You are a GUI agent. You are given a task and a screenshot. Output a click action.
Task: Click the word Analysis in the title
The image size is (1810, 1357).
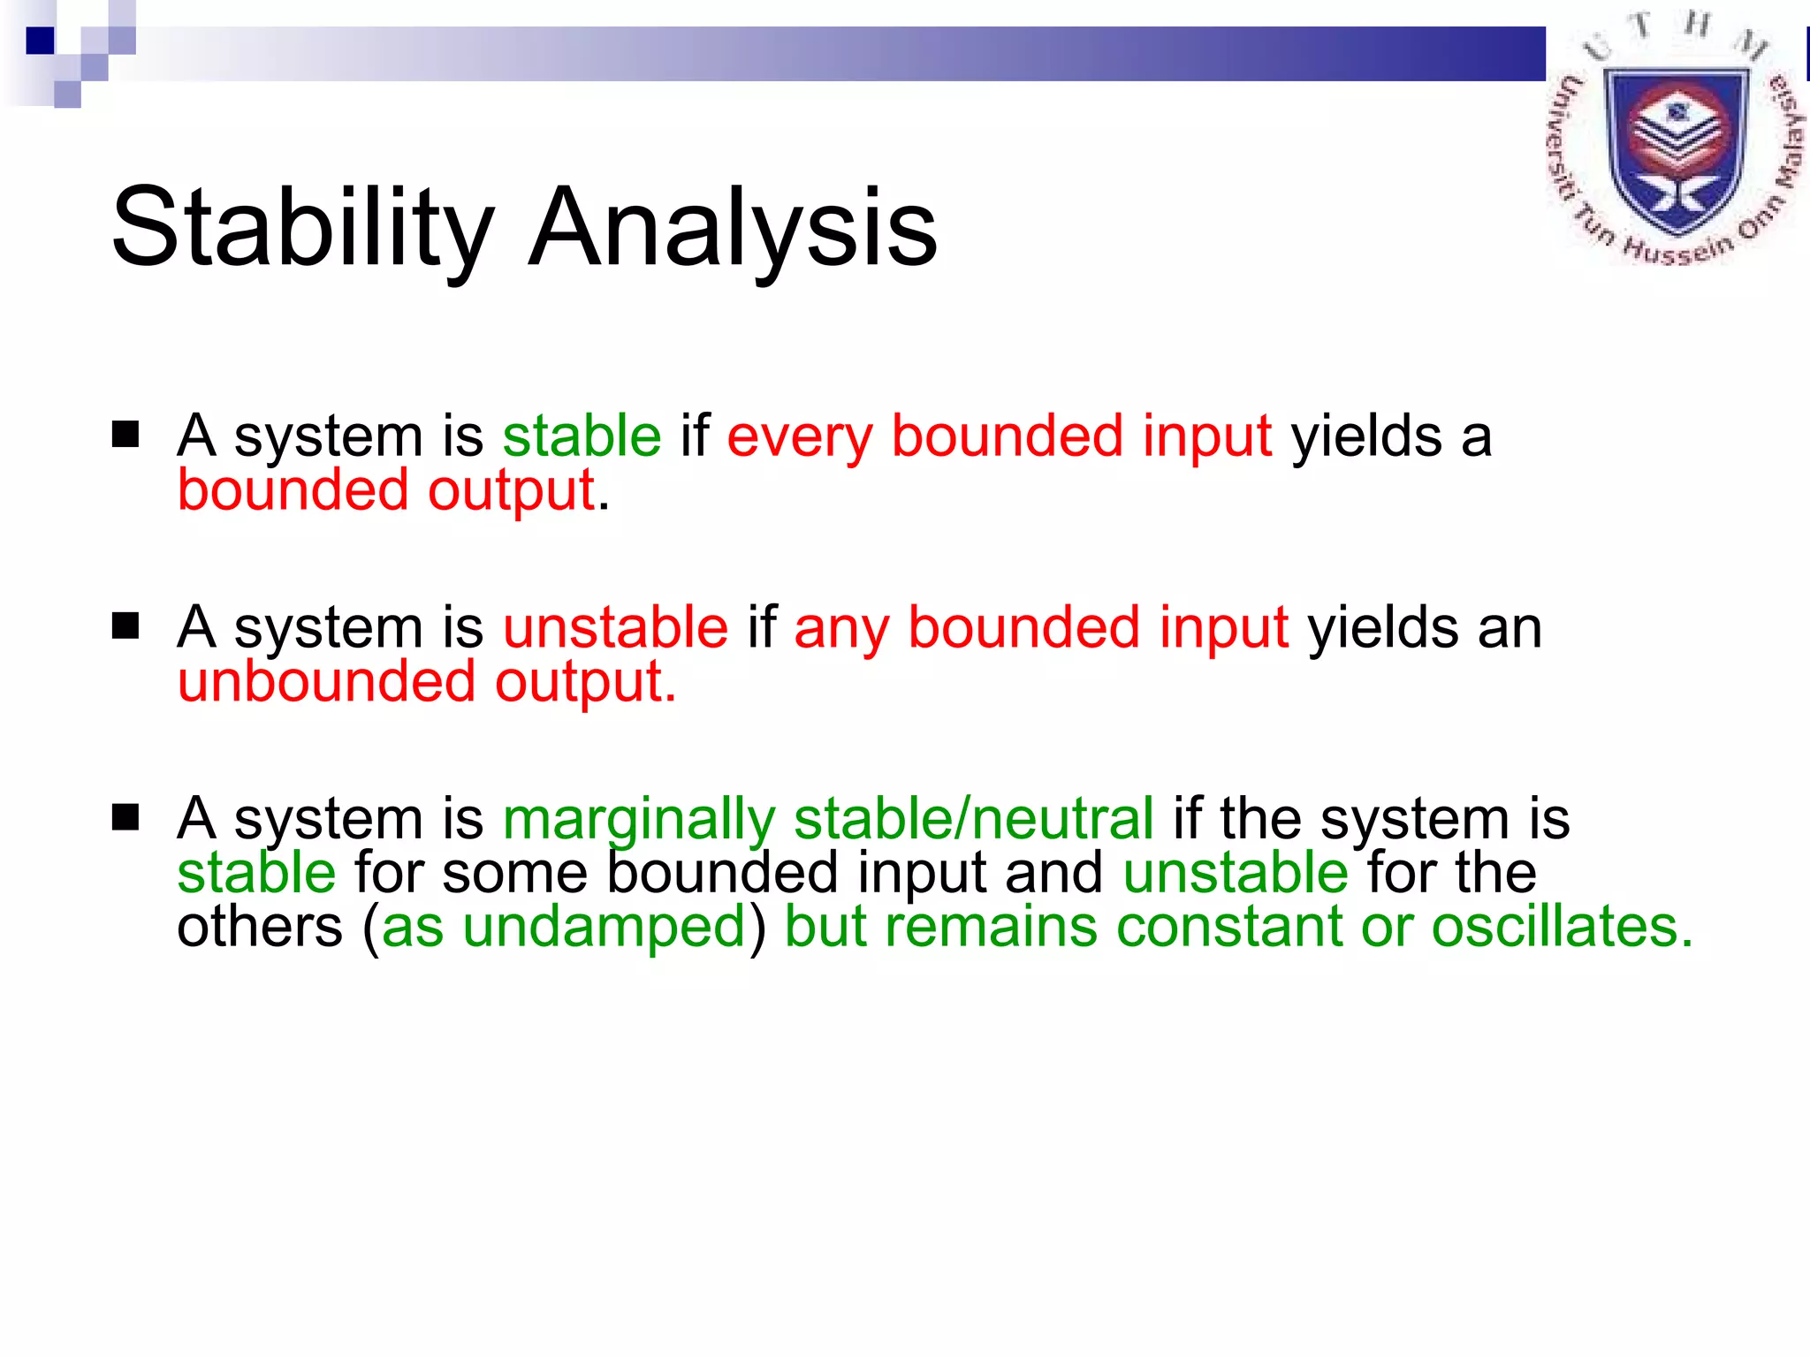pyautogui.click(x=733, y=228)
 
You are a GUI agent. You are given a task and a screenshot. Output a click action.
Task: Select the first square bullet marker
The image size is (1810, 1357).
pyautogui.click(x=125, y=435)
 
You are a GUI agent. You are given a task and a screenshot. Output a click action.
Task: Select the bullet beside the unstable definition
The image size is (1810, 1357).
pyautogui.click(x=125, y=626)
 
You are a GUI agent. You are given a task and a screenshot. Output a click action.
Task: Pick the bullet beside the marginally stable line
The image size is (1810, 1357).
pyautogui.click(x=125, y=817)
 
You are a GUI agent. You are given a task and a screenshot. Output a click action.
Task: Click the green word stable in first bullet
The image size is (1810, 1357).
pyautogui.click(x=582, y=436)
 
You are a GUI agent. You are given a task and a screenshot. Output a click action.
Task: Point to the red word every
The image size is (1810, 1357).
pyautogui.click(x=799, y=437)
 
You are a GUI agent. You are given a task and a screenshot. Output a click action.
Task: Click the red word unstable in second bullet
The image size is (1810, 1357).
pyautogui.click(x=615, y=627)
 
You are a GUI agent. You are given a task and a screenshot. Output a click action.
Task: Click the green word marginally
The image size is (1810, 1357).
pyautogui.click(x=638, y=820)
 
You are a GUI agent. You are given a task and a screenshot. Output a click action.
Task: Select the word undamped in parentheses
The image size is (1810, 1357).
pyautogui.click(x=605, y=927)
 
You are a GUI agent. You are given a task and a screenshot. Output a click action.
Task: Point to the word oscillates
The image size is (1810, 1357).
pyautogui.click(x=1562, y=927)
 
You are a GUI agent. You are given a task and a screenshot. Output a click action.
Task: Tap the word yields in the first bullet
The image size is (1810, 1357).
pyautogui.click(x=1366, y=437)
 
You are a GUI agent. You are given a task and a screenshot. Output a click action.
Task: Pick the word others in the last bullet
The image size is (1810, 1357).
pyautogui.click(x=259, y=927)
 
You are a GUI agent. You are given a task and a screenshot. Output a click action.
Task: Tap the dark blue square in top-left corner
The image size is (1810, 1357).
pyautogui.click(x=40, y=41)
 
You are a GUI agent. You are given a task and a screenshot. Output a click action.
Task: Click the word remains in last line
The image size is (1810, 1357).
pyautogui.click(x=991, y=927)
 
